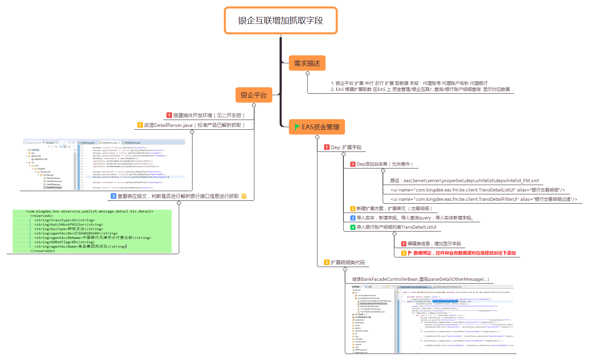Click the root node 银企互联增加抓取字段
pos(280,21)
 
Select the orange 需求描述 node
pos(307,63)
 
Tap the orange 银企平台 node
pos(254,95)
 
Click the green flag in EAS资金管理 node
pos(297,127)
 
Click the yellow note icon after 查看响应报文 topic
pos(244,196)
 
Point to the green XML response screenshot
pos(92,231)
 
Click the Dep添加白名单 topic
pos(384,164)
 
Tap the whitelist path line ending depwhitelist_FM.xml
pos(464,181)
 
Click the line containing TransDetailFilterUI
pos(484,199)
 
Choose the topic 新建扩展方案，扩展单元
pos(394,209)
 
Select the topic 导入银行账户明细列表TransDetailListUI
pos(396,227)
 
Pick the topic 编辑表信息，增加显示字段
pos(434,244)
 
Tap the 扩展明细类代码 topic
pos(347,263)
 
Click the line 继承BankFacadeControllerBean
pos(420,279)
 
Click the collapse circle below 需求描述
pos(308,74)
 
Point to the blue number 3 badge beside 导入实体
pos(353,218)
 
